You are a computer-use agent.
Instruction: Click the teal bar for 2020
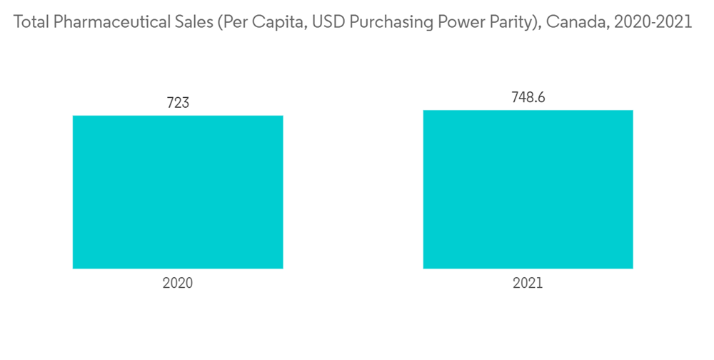[x=178, y=192]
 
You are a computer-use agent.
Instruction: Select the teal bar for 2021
[x=528, y=189]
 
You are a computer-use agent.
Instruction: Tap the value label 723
[x=178, y=103]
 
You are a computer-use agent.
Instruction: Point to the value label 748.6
[x=528, y=97]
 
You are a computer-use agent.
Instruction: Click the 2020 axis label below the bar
[x=178, y=283]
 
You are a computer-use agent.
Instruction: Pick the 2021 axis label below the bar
[x=528, y=283]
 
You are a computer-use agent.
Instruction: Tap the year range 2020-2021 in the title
[x=652, y=22]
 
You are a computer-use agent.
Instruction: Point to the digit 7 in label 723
[x=170, y=103]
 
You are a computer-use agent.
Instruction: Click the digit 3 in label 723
[x=186, y=103]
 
